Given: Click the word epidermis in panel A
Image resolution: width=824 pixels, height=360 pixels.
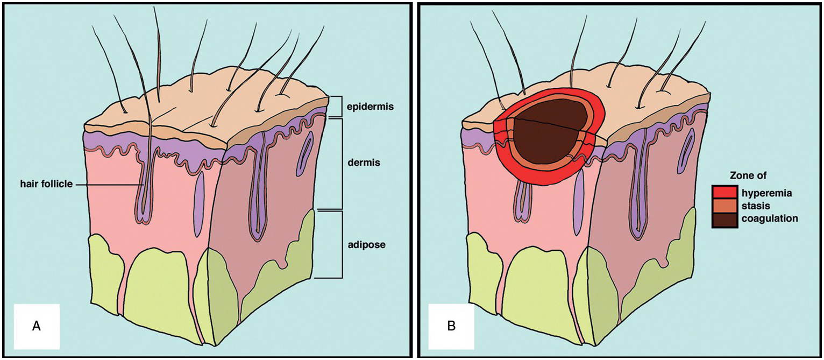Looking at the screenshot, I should click(371, 107).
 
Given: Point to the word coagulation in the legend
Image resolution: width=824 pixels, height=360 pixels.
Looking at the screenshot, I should click(770, 219).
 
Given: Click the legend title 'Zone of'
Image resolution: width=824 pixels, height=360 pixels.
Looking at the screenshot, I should click(748, 175).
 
